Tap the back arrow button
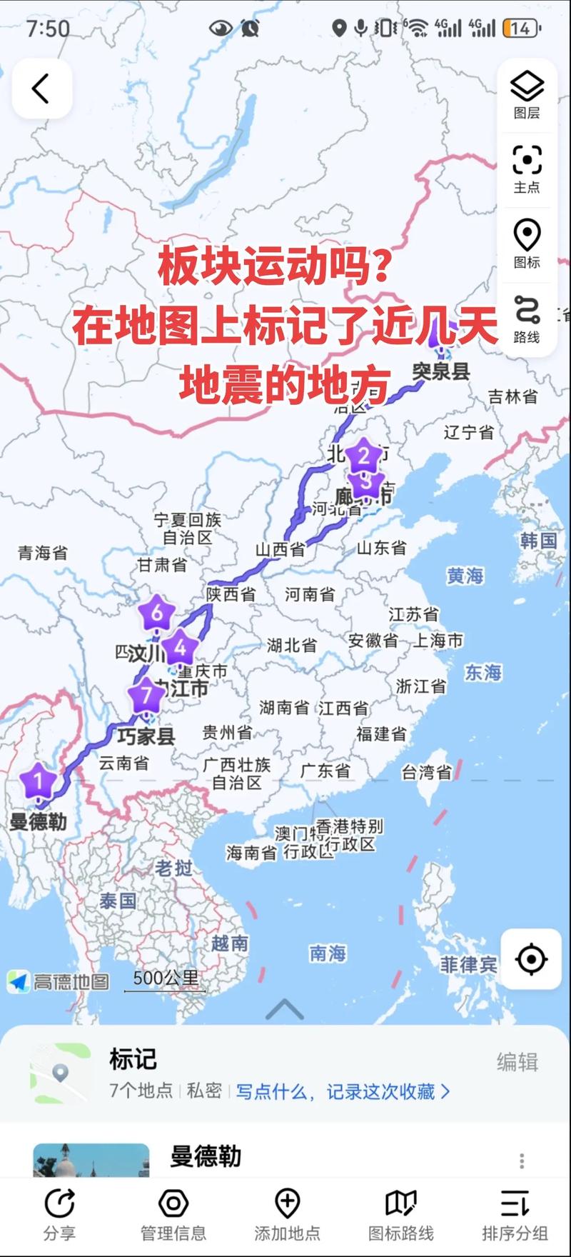(x=41, y=89)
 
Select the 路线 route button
(x=527, y=319)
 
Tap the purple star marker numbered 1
(x=39, y=780)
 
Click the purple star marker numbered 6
(x=156, y=612)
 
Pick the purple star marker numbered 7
(x=146, y=694)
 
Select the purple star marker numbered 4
(x=180, y=647)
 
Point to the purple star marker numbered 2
(x=363, y=456)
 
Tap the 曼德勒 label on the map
(x=39, y=821)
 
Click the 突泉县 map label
(x=441, y=371)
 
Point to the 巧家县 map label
(x=146, y=736)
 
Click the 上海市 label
(x=438, y=641)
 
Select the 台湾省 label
(x=426, y=771)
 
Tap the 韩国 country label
(x=538, y=541)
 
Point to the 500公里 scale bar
(x=166, y=980)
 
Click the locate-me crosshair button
(x=531, y=959)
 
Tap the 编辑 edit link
(x=517, y=1062)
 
